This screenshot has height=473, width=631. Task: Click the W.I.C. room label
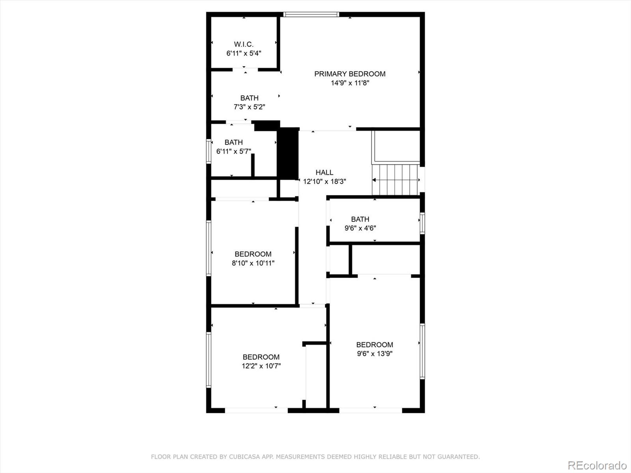tap(244, 44)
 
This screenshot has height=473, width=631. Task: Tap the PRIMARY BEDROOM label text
tap(350, 74)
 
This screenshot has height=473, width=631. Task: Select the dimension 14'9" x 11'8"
tap(350, 83)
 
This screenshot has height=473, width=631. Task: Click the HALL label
tap(324, 172)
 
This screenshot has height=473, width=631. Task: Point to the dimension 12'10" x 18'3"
tap(324, 181)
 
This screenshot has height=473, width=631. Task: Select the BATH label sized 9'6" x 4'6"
tap(360, 219)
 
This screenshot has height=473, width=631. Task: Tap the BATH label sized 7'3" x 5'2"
tap(249, 98)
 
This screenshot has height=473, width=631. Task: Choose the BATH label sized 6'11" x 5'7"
tap(233, 142)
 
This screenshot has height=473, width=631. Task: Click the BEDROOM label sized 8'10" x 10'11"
tap(253, 254)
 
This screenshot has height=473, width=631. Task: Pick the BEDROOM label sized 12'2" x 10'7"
tap(261, 357)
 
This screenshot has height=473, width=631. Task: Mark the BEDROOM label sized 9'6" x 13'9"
tap(374, 345)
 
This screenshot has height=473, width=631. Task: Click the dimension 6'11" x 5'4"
tap(244, 53)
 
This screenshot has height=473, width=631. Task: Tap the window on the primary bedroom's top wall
tap(311, 15)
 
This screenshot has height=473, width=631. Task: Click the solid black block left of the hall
tap(288, 154)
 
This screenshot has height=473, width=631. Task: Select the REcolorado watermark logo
tap(597, 465)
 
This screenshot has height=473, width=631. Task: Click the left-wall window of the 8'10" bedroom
tap(209, 248)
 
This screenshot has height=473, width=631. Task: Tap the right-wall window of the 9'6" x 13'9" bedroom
tap(422, 351)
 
